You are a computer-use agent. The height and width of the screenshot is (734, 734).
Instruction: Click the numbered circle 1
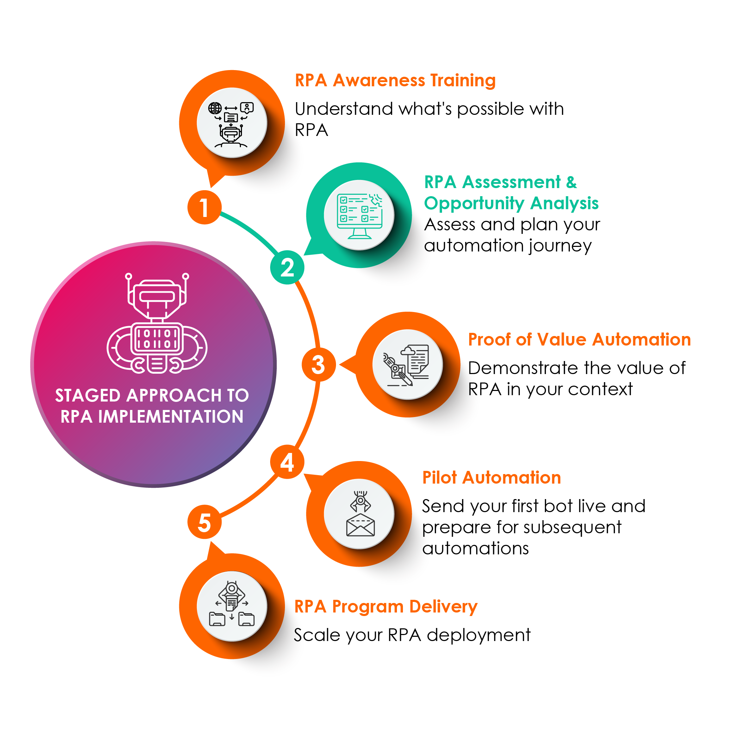pyautogui.click(x=204, y=207)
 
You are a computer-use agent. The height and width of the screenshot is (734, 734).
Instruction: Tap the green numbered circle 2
pyautogui.click(x=287, y=267)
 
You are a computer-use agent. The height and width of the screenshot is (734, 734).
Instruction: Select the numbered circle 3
pyautogui.click(x=318, y=365)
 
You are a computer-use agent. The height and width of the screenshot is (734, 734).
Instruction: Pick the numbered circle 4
pyautogui.click(x=287, y=462)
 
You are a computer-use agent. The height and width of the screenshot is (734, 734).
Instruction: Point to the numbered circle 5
pyautogui.click(x=204, y=522)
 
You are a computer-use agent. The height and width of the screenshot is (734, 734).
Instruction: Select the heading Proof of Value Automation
pyautogui.click(x=579, y=339)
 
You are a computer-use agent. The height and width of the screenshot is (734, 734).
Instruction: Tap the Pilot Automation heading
pyautogui.click(x=492, y=478)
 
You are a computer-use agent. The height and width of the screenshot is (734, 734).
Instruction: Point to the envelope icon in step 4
pyautogui.click(x=361, y=525)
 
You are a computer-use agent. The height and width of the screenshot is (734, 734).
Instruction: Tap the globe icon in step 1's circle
pyautogui.click(x=215, y=108)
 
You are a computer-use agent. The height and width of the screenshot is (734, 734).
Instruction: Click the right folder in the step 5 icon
pyautogui.click(x=247, y=619)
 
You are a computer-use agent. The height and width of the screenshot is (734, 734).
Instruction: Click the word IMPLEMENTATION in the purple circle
pyautogui.click(x=170, y=417)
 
